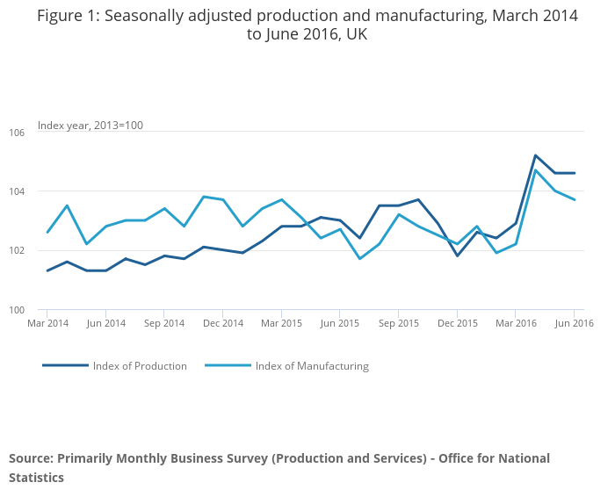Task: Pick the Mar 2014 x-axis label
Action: point(47,323)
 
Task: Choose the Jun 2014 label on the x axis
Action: point(105,323)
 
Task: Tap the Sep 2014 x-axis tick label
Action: point(164,323)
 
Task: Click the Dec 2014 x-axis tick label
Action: point(223,323)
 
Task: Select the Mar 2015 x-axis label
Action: point(281,323)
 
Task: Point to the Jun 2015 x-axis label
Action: point(340,323)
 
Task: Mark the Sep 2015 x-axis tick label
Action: point(398,323)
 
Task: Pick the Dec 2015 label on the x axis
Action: point(457,323)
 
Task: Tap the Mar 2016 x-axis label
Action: point(516,323)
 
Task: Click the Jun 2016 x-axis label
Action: point(574,323)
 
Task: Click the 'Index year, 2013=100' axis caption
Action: point(90,126)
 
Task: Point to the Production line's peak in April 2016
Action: point(535,155)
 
